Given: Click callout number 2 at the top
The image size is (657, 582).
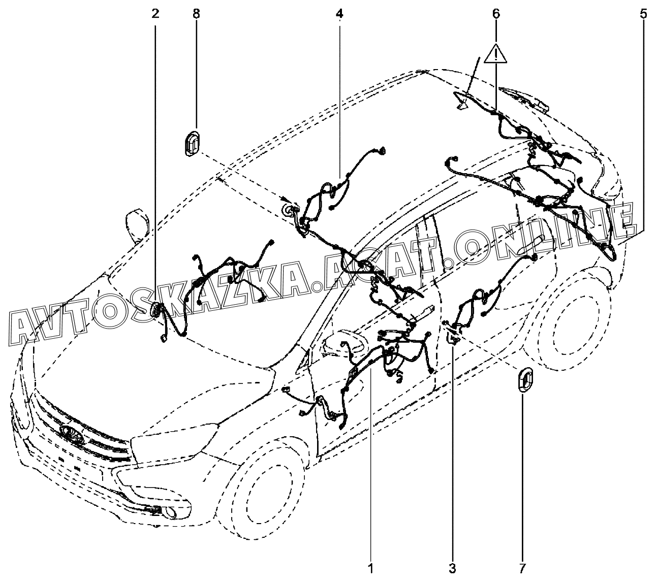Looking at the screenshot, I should pos(155,14).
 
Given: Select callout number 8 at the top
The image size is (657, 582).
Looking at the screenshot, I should pos(196,14).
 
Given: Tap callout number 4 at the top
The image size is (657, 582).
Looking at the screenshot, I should pos(339,14).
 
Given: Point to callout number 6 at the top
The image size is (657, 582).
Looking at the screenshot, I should pos(495,14).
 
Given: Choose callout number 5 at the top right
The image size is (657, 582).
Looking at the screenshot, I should pos(643,14).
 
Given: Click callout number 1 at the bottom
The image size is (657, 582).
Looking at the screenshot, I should pos(371,567).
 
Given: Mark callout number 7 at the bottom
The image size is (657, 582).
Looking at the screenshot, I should pos(523,567).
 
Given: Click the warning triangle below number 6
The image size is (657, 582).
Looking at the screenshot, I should pos(495,54).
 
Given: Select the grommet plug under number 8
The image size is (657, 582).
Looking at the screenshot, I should pos(191,143).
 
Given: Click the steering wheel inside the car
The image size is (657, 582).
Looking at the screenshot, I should pos(341,345).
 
